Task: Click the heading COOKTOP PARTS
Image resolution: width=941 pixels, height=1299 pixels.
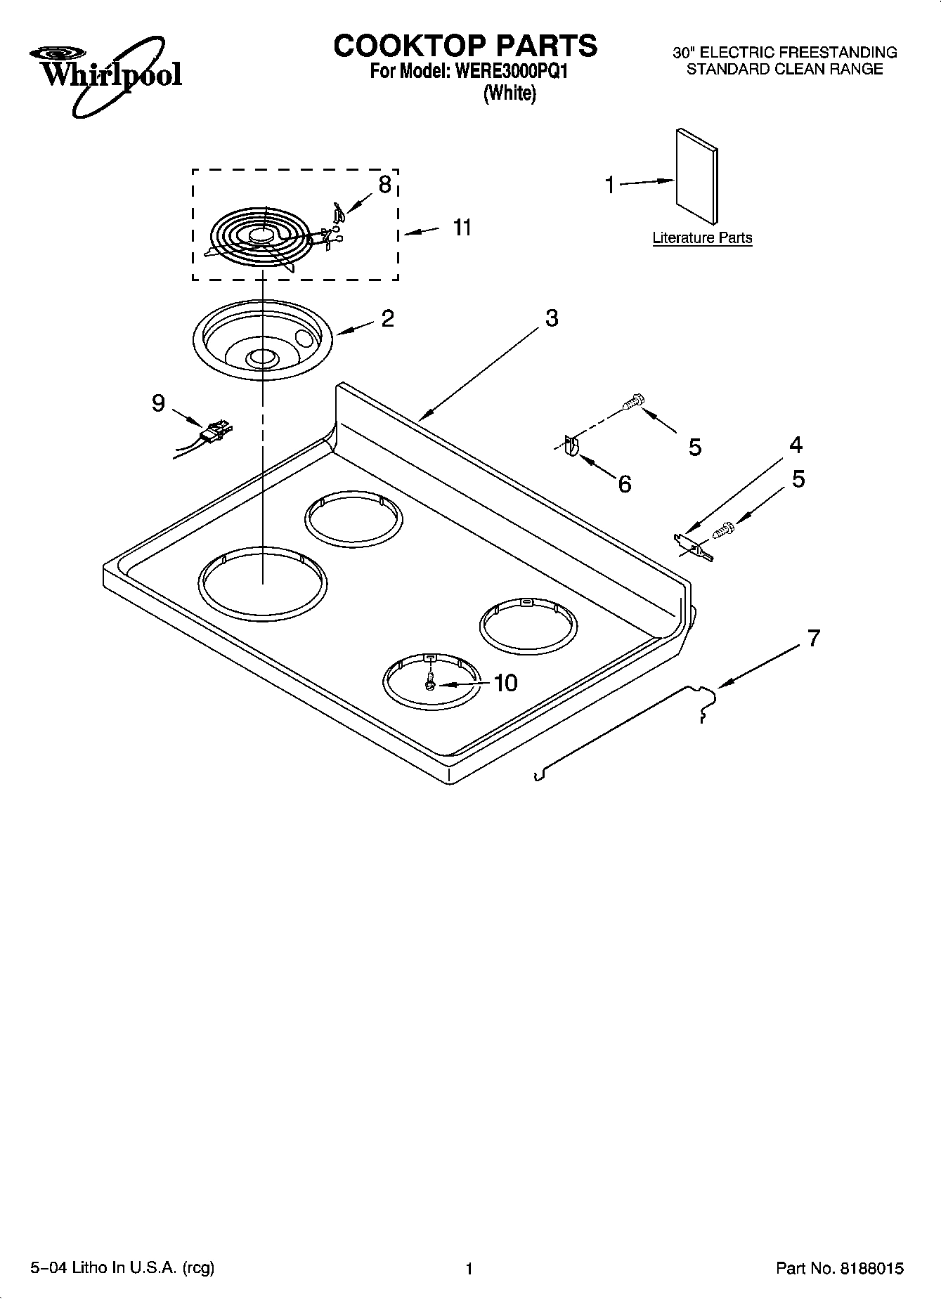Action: coord(465,46)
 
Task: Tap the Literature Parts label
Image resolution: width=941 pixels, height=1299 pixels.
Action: coord(701,238)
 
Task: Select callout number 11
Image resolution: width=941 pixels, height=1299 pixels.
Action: coord(462,228)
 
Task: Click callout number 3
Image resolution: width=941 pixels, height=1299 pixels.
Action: coord(552,318)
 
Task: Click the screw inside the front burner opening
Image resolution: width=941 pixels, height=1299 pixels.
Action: coord(430,681)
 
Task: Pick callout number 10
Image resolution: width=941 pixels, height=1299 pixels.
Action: coord(505,683)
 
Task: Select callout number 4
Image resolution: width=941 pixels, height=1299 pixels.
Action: coord(796,445)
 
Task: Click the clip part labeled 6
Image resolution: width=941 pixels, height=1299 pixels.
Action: coord(571,448)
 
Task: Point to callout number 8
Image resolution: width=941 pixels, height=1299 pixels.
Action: coord(384,185)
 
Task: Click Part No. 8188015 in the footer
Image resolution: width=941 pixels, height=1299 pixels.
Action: coord(840,1269)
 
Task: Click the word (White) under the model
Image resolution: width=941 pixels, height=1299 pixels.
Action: coord(510,93)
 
